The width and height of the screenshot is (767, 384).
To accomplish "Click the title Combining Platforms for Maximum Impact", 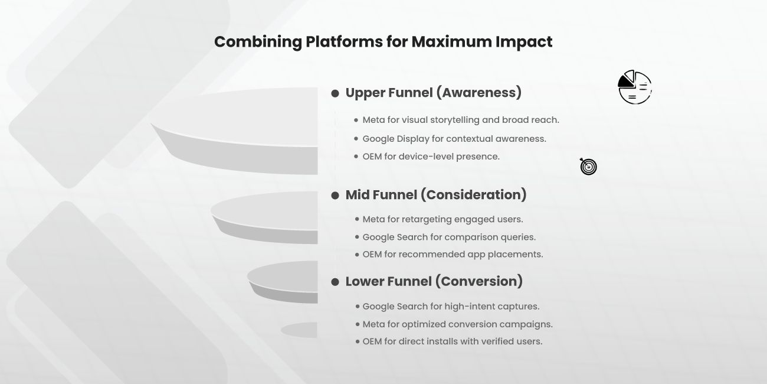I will [x=383, y=42].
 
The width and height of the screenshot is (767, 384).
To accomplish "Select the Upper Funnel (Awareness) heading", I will [x=434, y=93].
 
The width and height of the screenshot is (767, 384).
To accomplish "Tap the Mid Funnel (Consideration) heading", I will [x=436, y=195].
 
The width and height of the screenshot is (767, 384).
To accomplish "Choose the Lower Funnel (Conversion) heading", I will [x=434, y=281].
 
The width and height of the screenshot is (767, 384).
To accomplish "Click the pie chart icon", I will [x=635, y=87].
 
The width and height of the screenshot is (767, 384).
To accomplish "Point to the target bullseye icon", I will [x=588, y=167].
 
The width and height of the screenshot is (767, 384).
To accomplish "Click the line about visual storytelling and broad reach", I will [x=461, y=120].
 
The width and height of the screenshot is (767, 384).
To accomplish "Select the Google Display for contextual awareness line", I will [x=454, y=139].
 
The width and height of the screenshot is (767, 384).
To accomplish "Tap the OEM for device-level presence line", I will [x=431, y=157].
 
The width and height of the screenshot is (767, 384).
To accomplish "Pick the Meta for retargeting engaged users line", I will [x=442, y=219].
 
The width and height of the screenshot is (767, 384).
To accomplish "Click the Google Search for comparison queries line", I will [x=449, y=237].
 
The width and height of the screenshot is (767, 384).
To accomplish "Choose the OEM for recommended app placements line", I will [x=453, y=255].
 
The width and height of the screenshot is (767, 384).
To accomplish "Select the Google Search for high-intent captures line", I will [x=451, y=307].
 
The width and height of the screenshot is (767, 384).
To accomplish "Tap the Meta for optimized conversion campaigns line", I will [x=457, y=324].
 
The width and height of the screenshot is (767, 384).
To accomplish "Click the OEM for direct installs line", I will [x=452, y=341].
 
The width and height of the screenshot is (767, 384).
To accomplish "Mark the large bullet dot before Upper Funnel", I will [x=335, y=93].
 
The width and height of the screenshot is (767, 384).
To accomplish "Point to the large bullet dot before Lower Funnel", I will [x=335, y=282].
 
